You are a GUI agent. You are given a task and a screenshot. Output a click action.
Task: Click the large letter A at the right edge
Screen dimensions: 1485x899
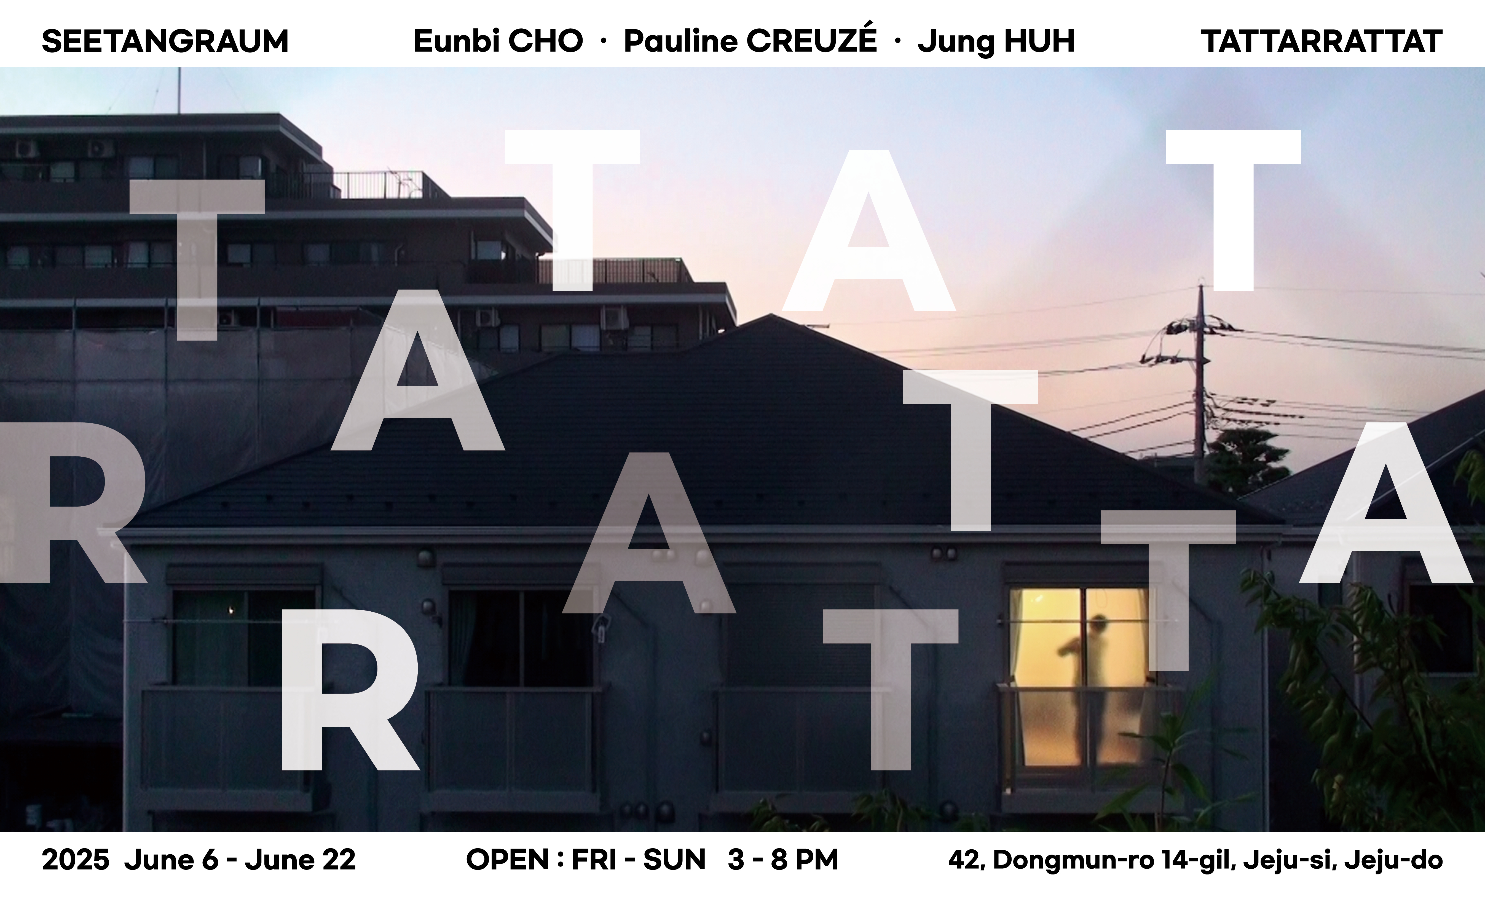click(x=1386, y=502)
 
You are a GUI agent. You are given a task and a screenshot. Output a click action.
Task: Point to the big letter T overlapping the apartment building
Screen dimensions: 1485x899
click(x=198, y=259)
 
